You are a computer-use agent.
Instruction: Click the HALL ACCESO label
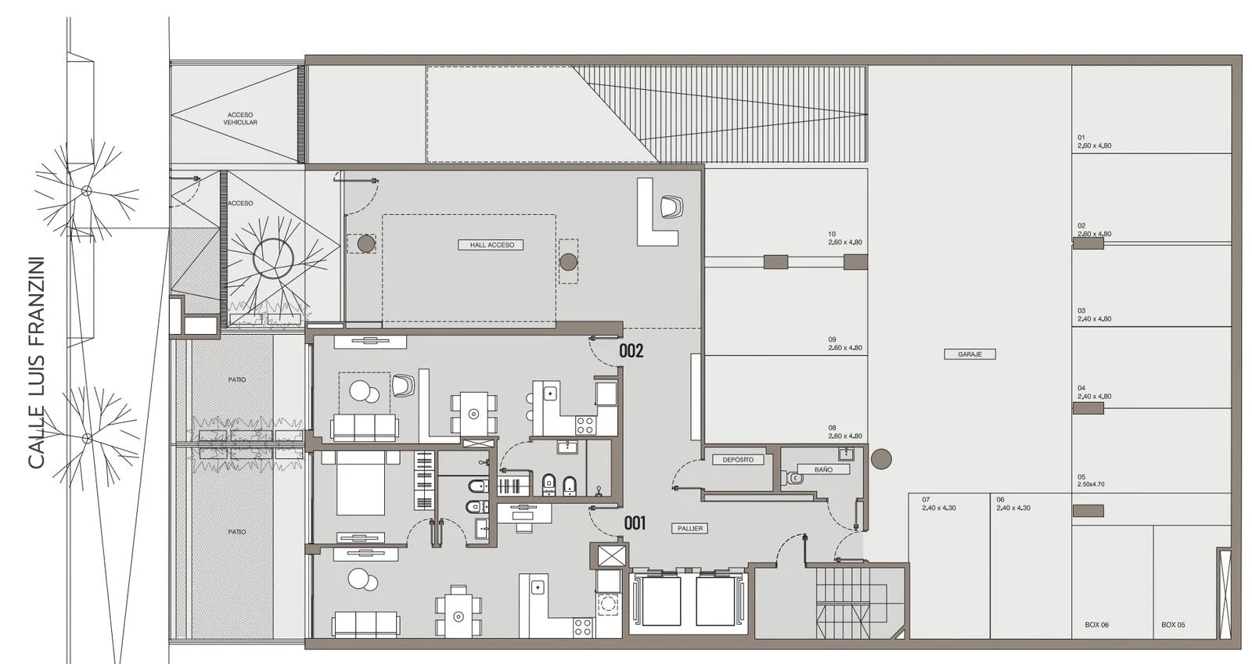tap(491, 245)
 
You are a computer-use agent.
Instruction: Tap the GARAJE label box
tap(970, 354)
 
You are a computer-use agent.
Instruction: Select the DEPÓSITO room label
tap(738, 460)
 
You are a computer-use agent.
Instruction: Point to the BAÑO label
tap(823, 470)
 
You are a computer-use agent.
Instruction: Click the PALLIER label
tap(690, 528)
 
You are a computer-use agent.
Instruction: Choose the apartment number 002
tap(631, 350)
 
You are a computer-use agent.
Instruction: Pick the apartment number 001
tap(635, 523)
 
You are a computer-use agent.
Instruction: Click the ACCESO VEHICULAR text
tap(240, 118)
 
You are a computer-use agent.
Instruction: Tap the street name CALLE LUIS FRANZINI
tap(36, 362)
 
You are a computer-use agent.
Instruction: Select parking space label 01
tap(1081, 138)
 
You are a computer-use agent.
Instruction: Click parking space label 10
tap(832, 234)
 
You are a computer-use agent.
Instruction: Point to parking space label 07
tap(926, 500)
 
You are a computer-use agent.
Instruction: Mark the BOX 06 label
tap(1096, 625)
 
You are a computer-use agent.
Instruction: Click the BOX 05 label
tap(1173, 625)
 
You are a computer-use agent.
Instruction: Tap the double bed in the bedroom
tap(361, 483)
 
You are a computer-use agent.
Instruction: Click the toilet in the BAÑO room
tap(794, 479)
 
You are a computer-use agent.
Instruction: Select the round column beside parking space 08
tap(881, 459)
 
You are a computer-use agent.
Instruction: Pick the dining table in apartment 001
tap(459, 616)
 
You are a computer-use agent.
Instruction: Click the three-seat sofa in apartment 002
tap(365, 427)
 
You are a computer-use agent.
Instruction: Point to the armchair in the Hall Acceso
tap(671, 206)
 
